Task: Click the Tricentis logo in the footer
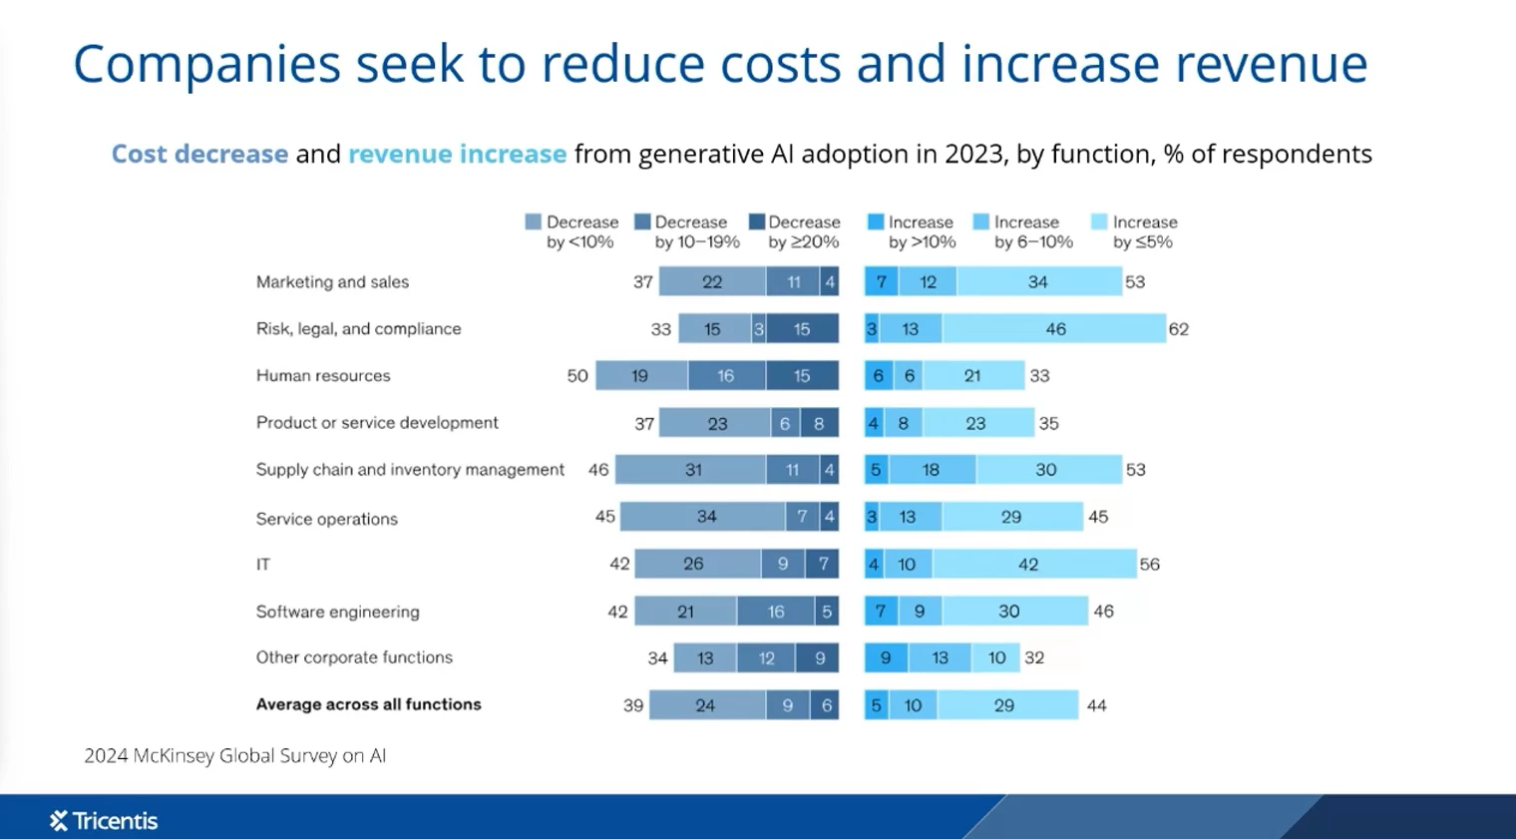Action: (x=104, y=821)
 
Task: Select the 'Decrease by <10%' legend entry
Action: (x=572, y=231)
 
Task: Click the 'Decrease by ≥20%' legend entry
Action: (x=795, y=231)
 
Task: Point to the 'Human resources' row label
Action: (x=323, y=376)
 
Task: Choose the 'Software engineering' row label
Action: (x=337, y=612)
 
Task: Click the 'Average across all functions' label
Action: (x=368, y=704)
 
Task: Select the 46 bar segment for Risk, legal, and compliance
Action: (x=1054, y=329)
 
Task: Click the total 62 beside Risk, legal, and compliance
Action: (x=1179, y=329)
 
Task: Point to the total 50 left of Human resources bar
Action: (x=577, y=376)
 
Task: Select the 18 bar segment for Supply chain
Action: (x=932, y=470)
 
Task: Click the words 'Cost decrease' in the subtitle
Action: (x=199, y=154)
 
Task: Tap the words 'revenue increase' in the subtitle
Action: (x=457, y=154)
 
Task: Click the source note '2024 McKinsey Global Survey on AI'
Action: (x=234, y=756)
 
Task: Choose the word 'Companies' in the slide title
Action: (x=206, y=64)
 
